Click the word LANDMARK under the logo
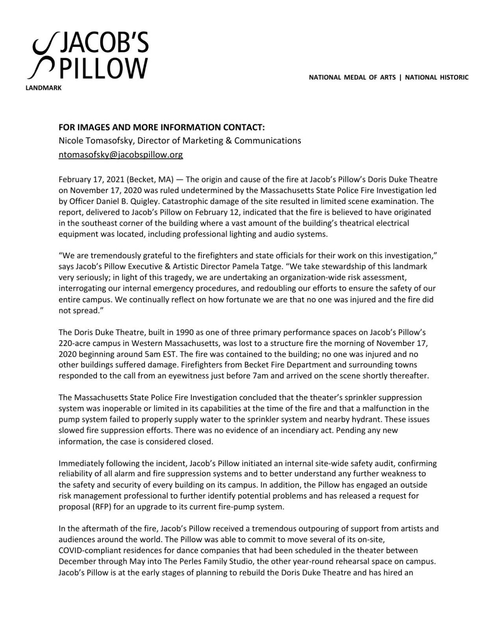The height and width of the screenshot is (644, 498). (x=43, y=88)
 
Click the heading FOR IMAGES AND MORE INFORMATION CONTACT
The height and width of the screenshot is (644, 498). (x=161, y=127)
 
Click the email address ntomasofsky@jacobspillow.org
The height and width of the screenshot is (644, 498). (x=120, y=155)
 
